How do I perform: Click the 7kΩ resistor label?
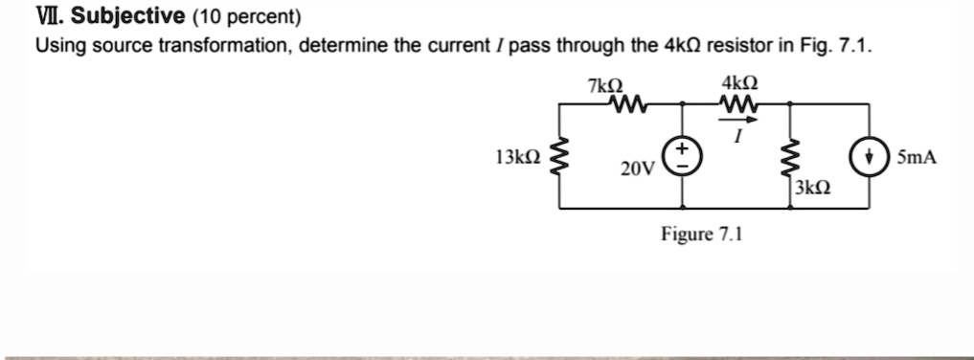(606, 85)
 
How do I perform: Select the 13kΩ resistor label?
(517, 156)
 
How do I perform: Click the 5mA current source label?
(917, 156)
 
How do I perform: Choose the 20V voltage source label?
(636, 170)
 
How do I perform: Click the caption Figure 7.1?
(701, 234)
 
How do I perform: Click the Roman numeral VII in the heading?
(48, 17)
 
